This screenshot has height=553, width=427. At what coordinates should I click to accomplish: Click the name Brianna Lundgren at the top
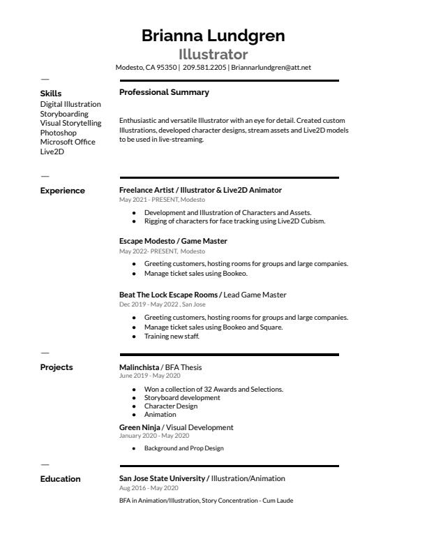coord(213,36)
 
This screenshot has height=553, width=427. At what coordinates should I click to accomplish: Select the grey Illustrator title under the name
coord(213,54)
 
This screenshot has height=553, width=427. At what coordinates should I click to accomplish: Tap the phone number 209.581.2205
coord(204,68)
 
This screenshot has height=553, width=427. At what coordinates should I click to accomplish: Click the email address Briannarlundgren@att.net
coord(271,68)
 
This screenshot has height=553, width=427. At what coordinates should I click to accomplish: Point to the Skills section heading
coord(51,93)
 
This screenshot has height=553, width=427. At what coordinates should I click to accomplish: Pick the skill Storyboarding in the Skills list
coord(64,114)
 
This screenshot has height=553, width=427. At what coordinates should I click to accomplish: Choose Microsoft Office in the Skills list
coord(68,142)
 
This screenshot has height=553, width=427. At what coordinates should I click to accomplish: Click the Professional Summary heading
coord(164,92)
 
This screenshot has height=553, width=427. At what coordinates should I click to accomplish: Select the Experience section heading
coord(62,191)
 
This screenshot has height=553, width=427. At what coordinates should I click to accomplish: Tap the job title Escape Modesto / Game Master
coord(173,241)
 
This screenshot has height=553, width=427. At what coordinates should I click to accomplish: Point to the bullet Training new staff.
coord(172,336)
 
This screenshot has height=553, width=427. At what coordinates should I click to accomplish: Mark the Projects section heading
coord(56,367)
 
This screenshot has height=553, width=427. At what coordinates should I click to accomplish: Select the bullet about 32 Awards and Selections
coord(213,389)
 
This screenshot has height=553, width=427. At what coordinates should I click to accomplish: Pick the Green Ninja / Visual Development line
coord(176,427)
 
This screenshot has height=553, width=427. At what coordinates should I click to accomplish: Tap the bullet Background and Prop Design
coord(183,448)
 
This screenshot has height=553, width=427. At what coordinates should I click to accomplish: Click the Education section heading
coord(60,479)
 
